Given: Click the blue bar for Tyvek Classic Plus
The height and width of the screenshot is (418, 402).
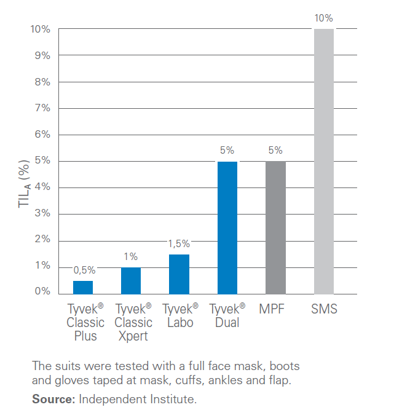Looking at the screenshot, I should [83, 287].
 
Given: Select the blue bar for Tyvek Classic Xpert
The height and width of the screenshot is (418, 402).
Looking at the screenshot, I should [131, 280].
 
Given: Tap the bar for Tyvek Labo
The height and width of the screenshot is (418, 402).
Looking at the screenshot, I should [179, 274].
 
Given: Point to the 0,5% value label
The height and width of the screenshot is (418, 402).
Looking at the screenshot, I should [84, 269].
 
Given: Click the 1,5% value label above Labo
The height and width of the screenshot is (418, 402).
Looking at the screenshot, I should [179, 243].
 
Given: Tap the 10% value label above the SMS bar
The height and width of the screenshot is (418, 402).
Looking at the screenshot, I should [324, 18].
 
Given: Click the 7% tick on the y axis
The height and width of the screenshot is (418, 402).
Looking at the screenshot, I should [41, 108].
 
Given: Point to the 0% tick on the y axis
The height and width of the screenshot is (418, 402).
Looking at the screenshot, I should [41, 291].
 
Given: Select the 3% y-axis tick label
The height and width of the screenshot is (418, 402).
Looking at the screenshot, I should [41, 213].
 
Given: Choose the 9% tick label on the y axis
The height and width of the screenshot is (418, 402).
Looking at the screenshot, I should [41, 55].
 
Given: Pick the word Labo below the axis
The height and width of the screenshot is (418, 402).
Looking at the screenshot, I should [179, 323].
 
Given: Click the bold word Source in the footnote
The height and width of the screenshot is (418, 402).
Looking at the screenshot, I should [53, 400].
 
